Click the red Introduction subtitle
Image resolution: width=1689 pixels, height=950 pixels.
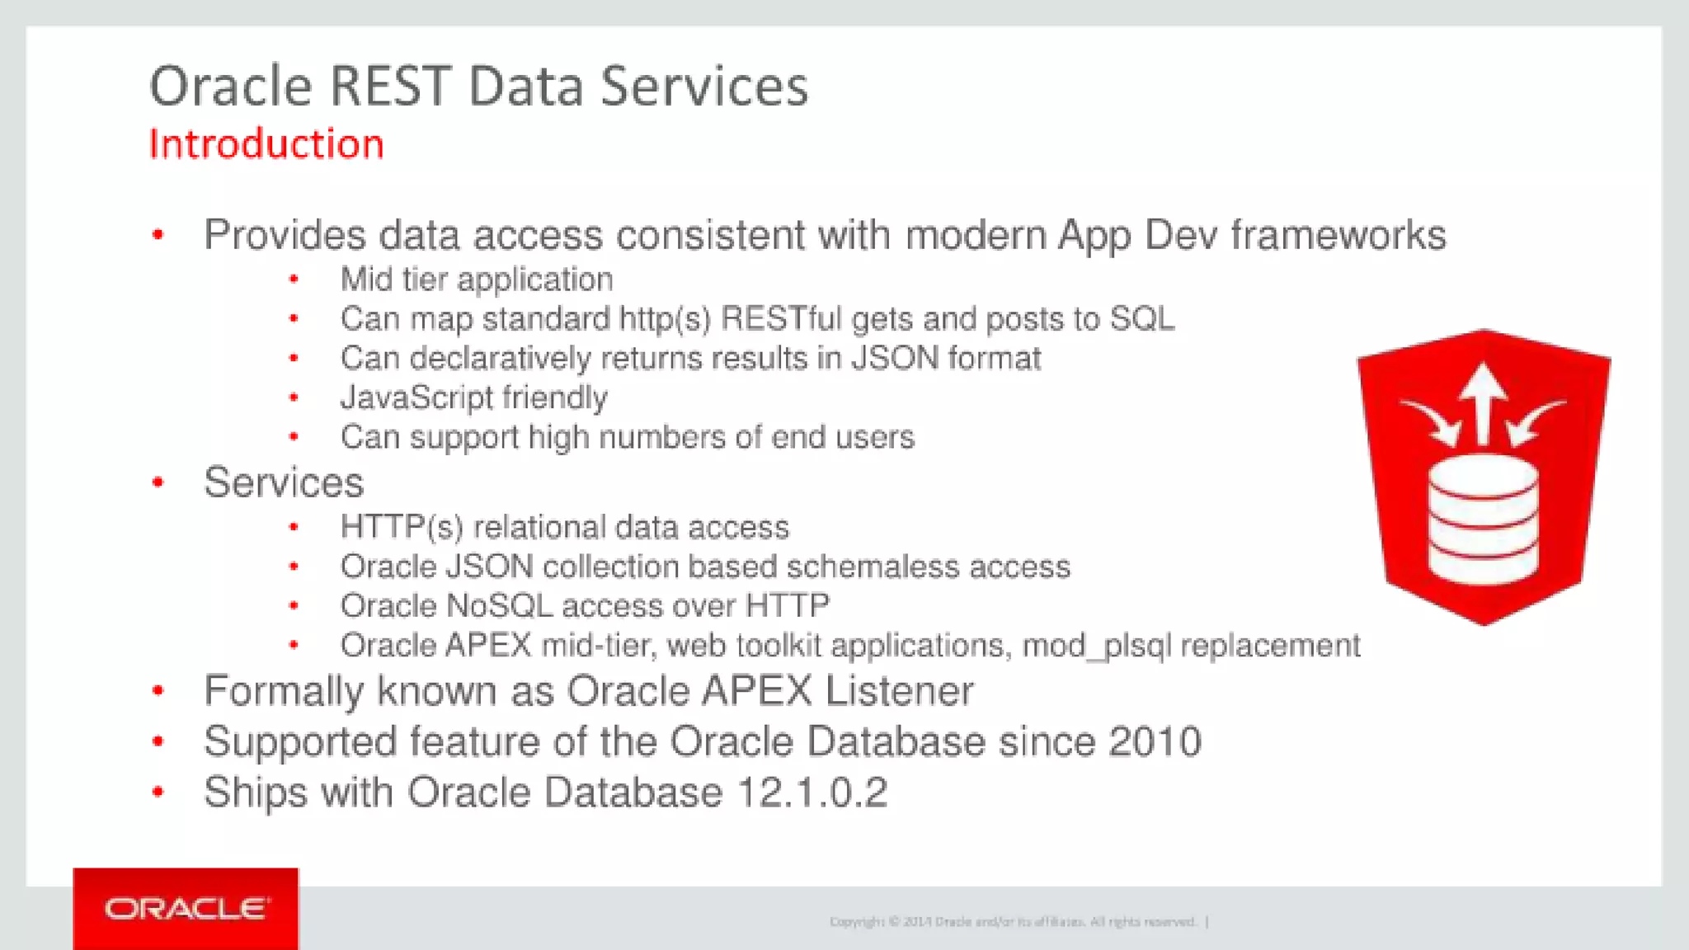(266, 144)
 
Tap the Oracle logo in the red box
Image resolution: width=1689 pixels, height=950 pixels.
(186, 909)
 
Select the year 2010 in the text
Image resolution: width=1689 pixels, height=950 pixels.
(1155, 741)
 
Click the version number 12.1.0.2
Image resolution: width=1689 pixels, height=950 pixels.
(812, 792)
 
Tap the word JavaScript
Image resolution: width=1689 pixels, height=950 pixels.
(416, 398)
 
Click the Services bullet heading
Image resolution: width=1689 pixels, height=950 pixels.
(284, 482)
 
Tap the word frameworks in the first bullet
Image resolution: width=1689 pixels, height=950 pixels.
(1338, 235)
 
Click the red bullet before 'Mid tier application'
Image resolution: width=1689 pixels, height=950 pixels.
(294, 280)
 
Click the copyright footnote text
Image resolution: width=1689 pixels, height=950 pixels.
(1014, 922)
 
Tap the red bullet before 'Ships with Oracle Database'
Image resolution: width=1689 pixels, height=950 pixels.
(158, 792)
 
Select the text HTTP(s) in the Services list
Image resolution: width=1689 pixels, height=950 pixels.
(402, 528)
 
